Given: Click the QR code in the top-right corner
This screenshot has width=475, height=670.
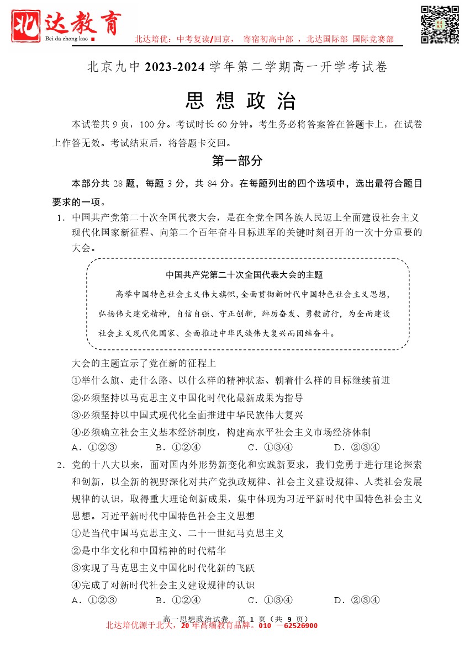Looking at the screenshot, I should click(x=440, y=24).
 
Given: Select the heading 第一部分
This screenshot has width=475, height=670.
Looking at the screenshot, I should click(x=237, y=161).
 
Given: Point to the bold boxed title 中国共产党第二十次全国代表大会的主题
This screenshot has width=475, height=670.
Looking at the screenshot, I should click(x=244, y=275).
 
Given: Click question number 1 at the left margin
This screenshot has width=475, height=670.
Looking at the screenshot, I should click(x=60, y=217).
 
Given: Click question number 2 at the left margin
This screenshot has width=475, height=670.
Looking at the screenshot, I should click(x=60, y=465).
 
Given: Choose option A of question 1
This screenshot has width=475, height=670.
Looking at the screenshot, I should click(x=94, y=447).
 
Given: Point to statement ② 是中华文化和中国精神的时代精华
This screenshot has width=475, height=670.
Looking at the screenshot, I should click(x=149, y=551).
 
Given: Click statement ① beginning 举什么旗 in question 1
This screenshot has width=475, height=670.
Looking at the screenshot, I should click(x=231, y=380).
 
